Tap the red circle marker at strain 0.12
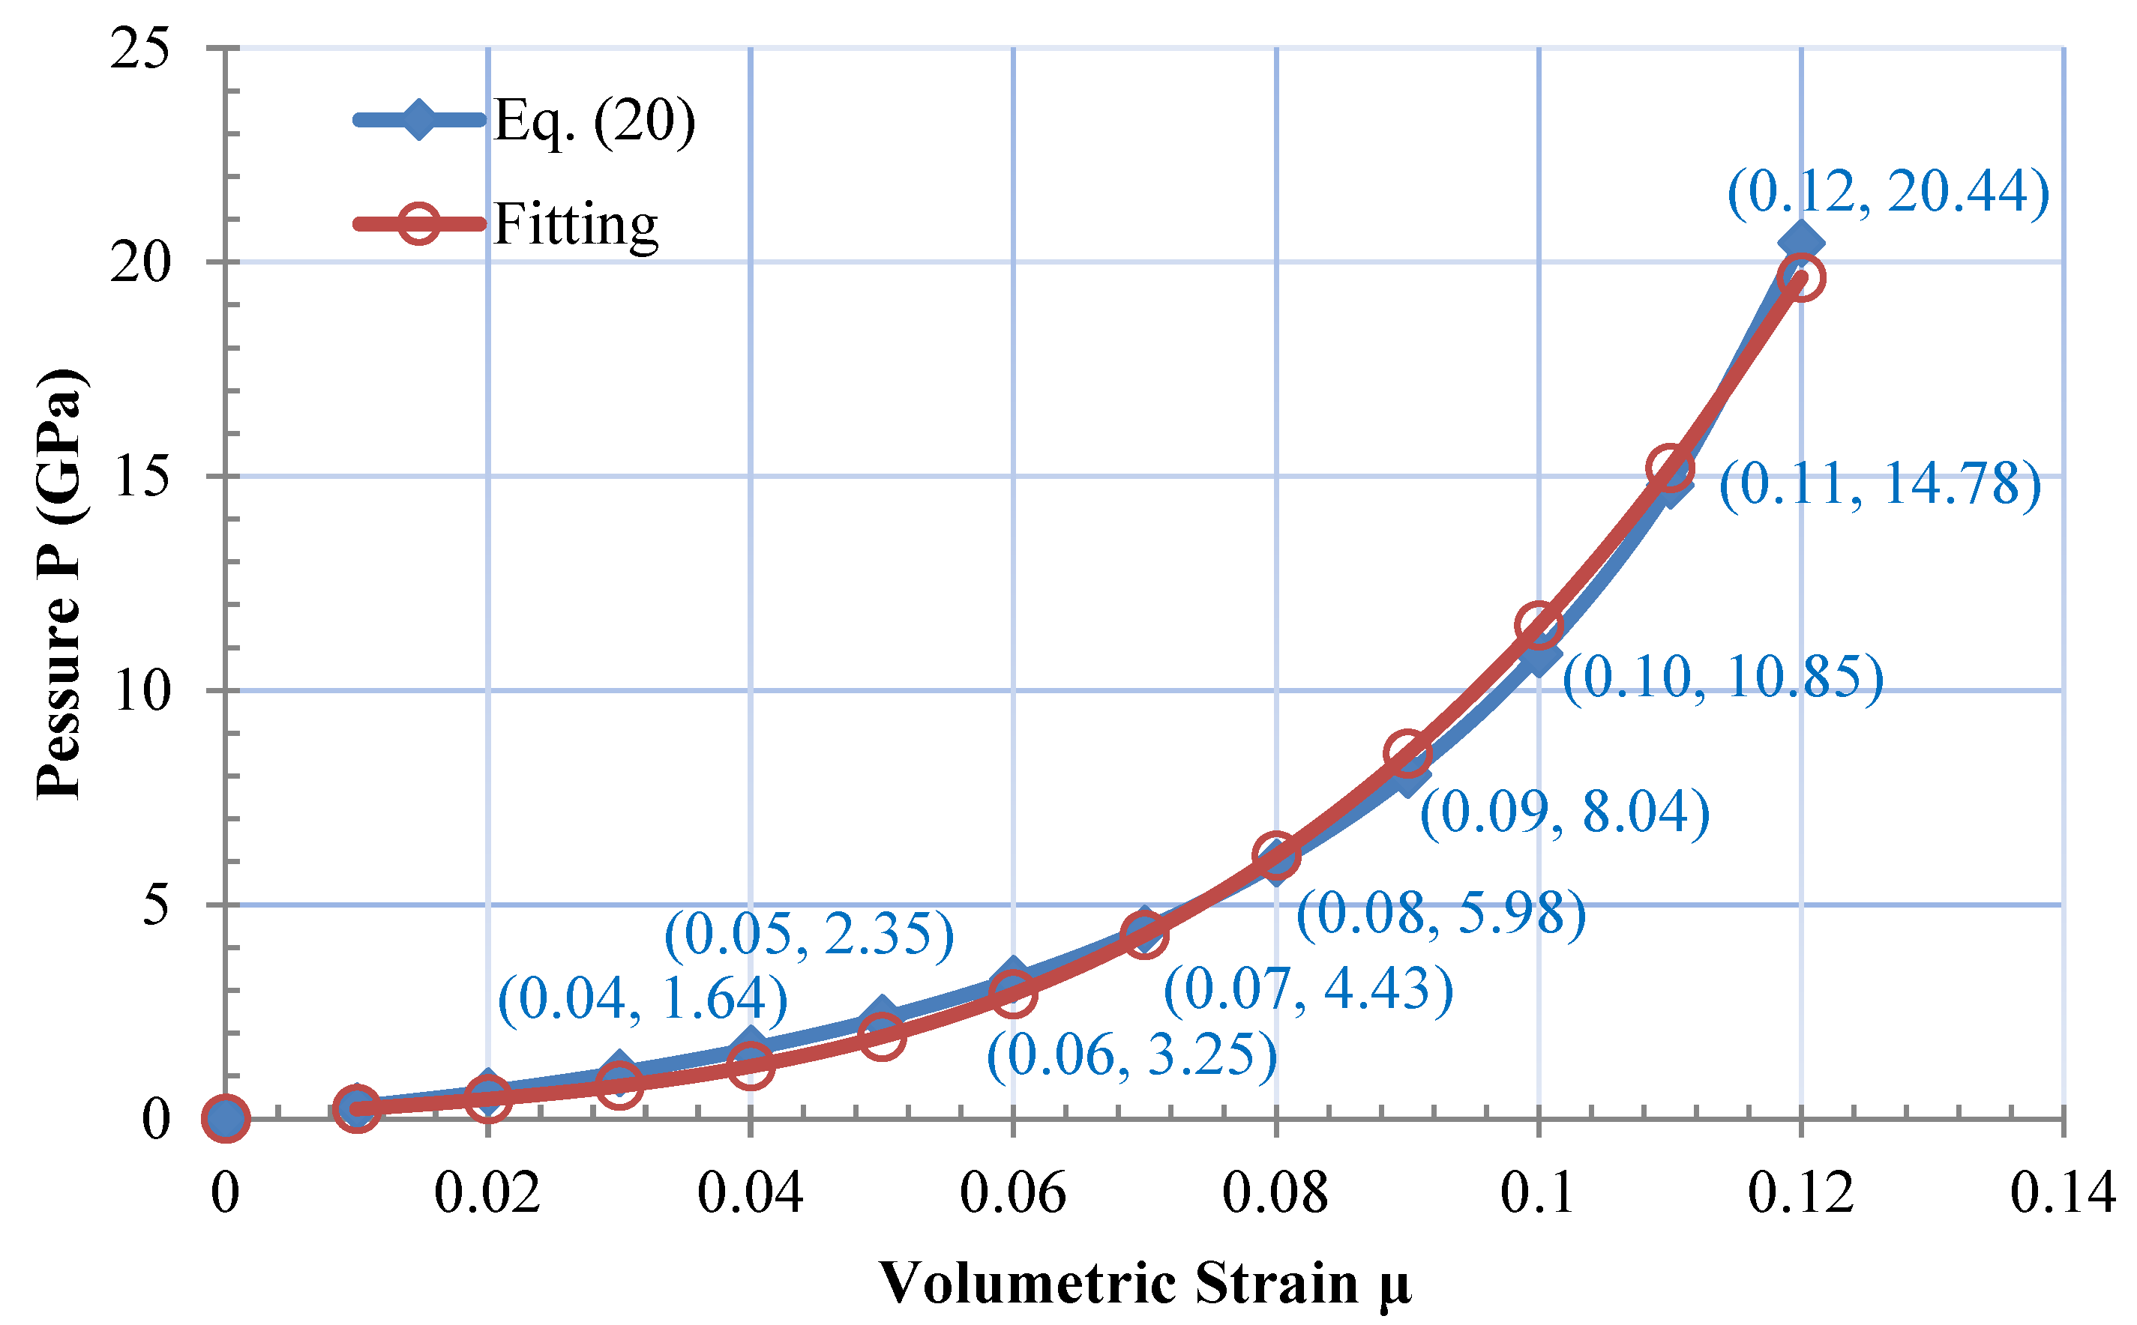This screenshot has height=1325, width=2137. (x=1801, y=278)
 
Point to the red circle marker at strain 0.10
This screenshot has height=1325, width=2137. (x=1539, y=626)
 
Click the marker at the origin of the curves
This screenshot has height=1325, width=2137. (x=225, y=1119)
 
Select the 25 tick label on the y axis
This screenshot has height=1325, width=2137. (x=139, y=47)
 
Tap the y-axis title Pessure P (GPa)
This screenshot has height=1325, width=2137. (x=59, y=583)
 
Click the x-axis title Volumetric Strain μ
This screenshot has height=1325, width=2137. (x=1145, y=1284)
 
